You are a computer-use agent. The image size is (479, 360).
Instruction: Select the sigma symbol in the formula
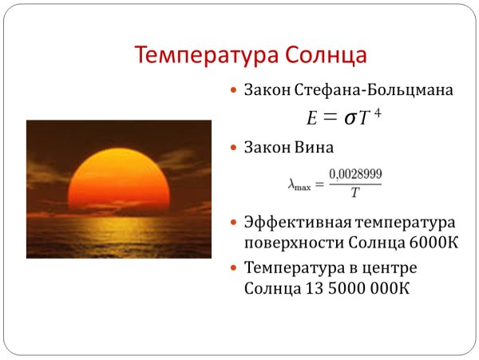click(350, 118)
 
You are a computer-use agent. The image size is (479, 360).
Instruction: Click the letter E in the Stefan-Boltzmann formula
click(312, 118)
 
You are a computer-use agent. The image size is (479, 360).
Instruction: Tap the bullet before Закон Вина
click(234, 148)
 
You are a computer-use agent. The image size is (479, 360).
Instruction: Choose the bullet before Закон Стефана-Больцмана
click(234, 91)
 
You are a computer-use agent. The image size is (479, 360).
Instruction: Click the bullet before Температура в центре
click(234, 267)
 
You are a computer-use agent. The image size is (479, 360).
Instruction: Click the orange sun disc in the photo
click(120, 180)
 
